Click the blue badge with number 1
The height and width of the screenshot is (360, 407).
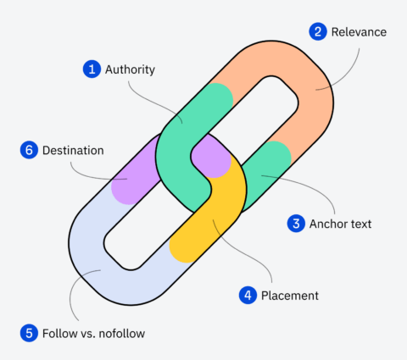click(91, 69)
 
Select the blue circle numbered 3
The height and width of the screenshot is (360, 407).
click(296, 224)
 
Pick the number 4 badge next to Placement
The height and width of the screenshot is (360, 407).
click(248, 296)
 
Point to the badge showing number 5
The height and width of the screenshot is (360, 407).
click(28, 332)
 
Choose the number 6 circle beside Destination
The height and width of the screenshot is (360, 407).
click(28, 150)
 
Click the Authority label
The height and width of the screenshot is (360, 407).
click(130, 69)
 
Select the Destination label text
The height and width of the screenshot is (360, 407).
click(73, 150)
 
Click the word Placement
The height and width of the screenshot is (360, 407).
click(290, 296)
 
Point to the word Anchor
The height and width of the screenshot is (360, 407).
click(327, 224)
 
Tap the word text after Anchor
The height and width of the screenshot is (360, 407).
click(361, 224)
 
